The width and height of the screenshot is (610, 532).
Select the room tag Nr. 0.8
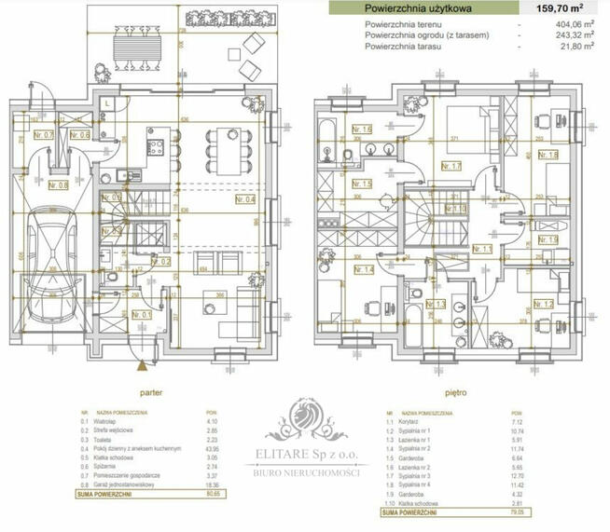pyautogui.click(x=58, y=184)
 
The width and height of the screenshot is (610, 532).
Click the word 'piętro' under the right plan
pyautogui.click(x=452, y=393)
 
